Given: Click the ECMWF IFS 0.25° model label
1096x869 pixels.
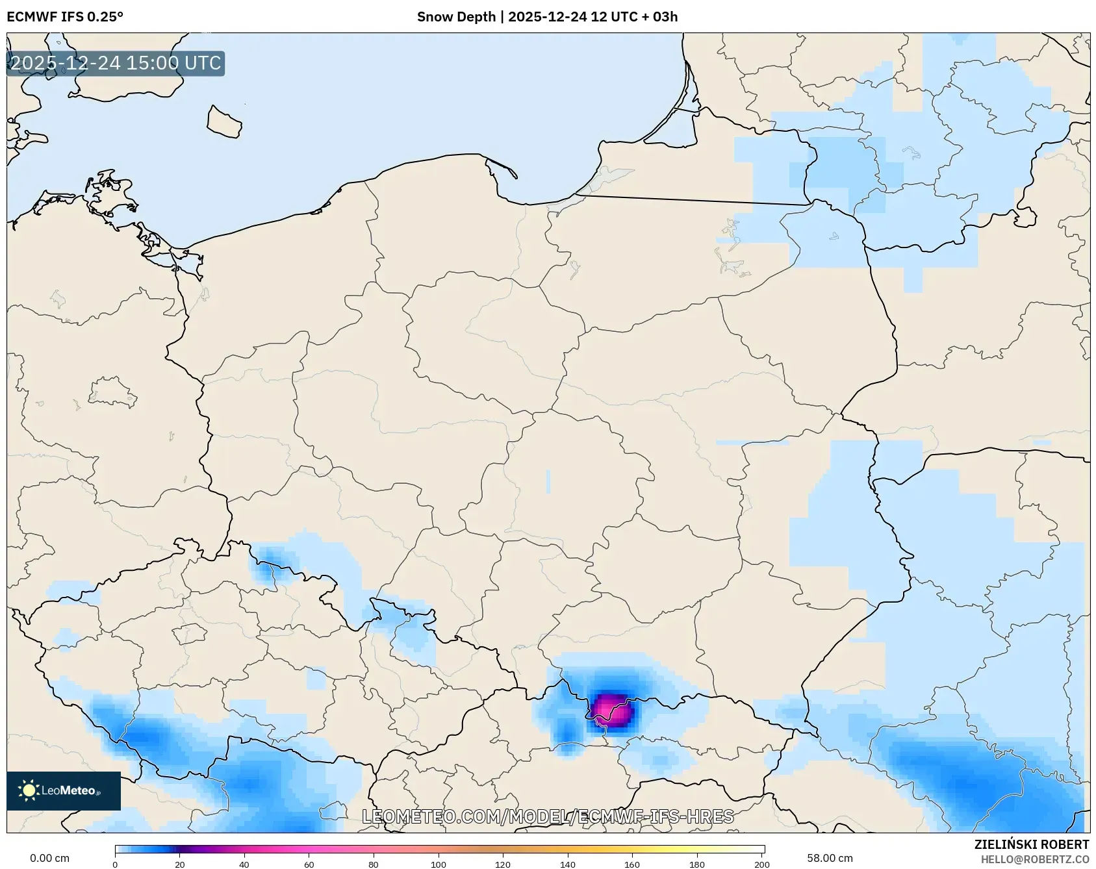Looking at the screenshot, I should pyautogui.click(x=65, y=17).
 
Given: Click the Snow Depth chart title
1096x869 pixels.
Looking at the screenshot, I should pyautogui.click(x=547, y=17).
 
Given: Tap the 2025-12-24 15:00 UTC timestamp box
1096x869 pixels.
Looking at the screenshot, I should pyautogui.click(x=116, y=64).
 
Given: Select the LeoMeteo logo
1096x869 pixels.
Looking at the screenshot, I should pyautogui.click(x=64, y=790).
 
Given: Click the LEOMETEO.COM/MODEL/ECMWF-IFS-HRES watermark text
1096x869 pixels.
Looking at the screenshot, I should pyautogui.click(x=548, y=816).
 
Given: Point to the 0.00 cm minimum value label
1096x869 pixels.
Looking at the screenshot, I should pyautogui.click(x=50, y=858).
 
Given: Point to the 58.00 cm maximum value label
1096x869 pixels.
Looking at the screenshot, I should pyautogui.click(x=830, y=858).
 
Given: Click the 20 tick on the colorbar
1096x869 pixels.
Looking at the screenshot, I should pyautogui.click(x=180, y=864).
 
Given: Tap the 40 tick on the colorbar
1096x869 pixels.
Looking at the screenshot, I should pyautogui.click(x=244, y=864).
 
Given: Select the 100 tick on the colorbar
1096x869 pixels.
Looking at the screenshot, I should pyautogui.click(x=439, y=864).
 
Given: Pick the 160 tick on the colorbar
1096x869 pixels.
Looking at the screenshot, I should pyautogui.click(x=632, y=864).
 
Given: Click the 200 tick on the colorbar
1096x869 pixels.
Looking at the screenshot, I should pyautogui.click(x=762, y=864).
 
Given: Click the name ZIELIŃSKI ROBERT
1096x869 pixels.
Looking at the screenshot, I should pyautogui.click(x=1031, y=844).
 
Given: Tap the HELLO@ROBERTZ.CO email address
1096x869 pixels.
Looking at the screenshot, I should pyautogui.click(x=1034, y=859).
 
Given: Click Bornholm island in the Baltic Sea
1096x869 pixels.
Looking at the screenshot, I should pyautogui.click(x=224, y=121).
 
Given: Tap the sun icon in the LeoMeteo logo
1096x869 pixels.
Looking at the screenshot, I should pyautogui.click(x=29, y=790).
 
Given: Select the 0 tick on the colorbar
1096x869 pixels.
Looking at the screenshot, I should pyautogui.click(x=116, y=864).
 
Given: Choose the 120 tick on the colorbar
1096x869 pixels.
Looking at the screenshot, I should pyautogui.click(x=503, y=864).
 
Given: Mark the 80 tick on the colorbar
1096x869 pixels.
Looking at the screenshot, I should pyautogui.click(x=374, y=864).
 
